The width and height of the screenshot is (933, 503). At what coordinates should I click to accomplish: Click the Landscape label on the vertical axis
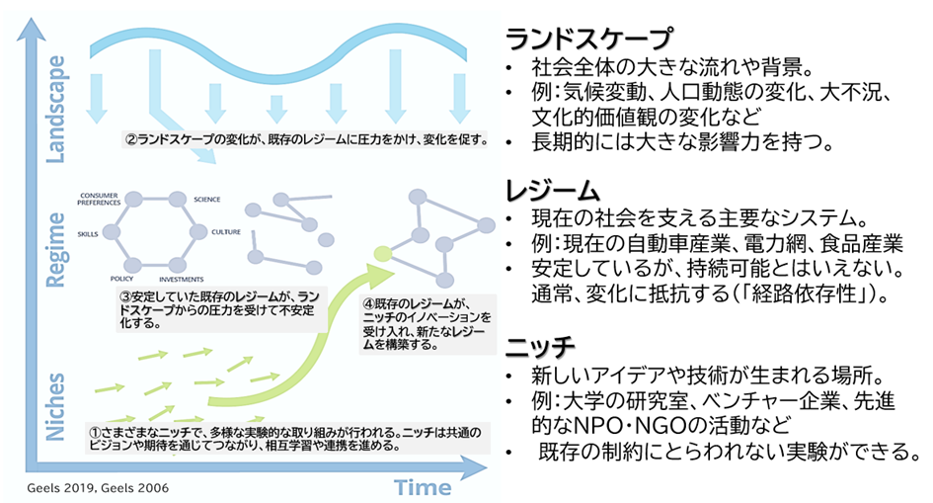point(56,109)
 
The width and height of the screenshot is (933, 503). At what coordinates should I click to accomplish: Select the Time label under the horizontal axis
point(423,486)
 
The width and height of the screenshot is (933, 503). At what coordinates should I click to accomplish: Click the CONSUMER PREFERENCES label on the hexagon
point(100,196)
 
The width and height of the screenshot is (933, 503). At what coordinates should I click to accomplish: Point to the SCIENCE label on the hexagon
point(207,201)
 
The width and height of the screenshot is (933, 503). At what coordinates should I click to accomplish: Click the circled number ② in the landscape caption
point(130,138)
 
